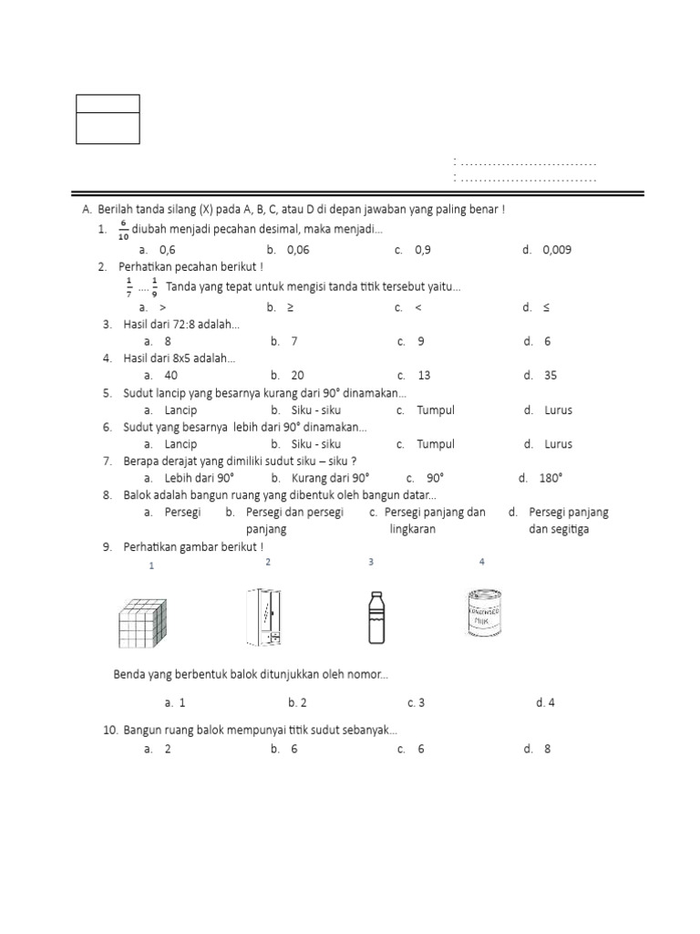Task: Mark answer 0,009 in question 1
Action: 557,250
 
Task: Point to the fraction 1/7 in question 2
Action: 129,286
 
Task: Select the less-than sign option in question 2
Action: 417,307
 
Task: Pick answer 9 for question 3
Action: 420,341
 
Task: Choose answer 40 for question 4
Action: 171,375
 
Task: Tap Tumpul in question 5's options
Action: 436,410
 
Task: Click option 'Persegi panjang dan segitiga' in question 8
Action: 568,520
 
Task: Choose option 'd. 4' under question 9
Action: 546,702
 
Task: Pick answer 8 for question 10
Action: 547,749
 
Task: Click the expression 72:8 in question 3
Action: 185,324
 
